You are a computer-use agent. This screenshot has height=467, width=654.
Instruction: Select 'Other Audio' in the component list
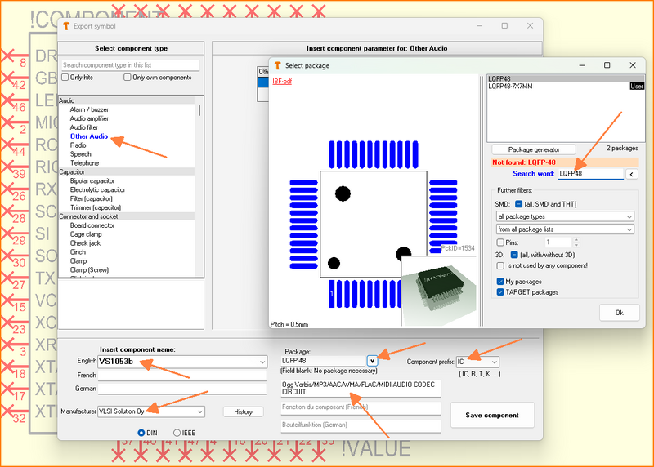pyautogui.click(x=89, y=136)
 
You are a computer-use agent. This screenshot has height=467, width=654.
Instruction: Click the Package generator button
pyautogui.click(x=534, y=149)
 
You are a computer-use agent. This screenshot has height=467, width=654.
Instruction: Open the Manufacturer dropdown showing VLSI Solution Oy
pyautogui.click(x=151, y=412)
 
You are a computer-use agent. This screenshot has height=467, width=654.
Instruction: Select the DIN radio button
pyautogui.click(x=141, y=433)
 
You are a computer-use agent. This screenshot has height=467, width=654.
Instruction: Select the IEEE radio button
pyautogui.click(x=177, y=433)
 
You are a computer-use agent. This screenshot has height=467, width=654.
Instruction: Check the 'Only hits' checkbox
pyautogui.click(x=66, y=78)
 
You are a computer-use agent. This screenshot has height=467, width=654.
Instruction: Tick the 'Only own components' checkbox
pyautogui.click(x=128, y=78)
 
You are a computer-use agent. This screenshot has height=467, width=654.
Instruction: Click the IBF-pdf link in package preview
pyautogui.click(x=281, y=82)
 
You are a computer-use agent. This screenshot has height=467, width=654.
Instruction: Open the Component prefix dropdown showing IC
pyautogui.click(x=477, y=362)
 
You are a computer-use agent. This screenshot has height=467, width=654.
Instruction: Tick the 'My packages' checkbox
pyautogui.click(x=500, y=281)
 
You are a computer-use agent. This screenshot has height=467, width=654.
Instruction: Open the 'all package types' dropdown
pyautogui.click(x=565, y=216)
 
